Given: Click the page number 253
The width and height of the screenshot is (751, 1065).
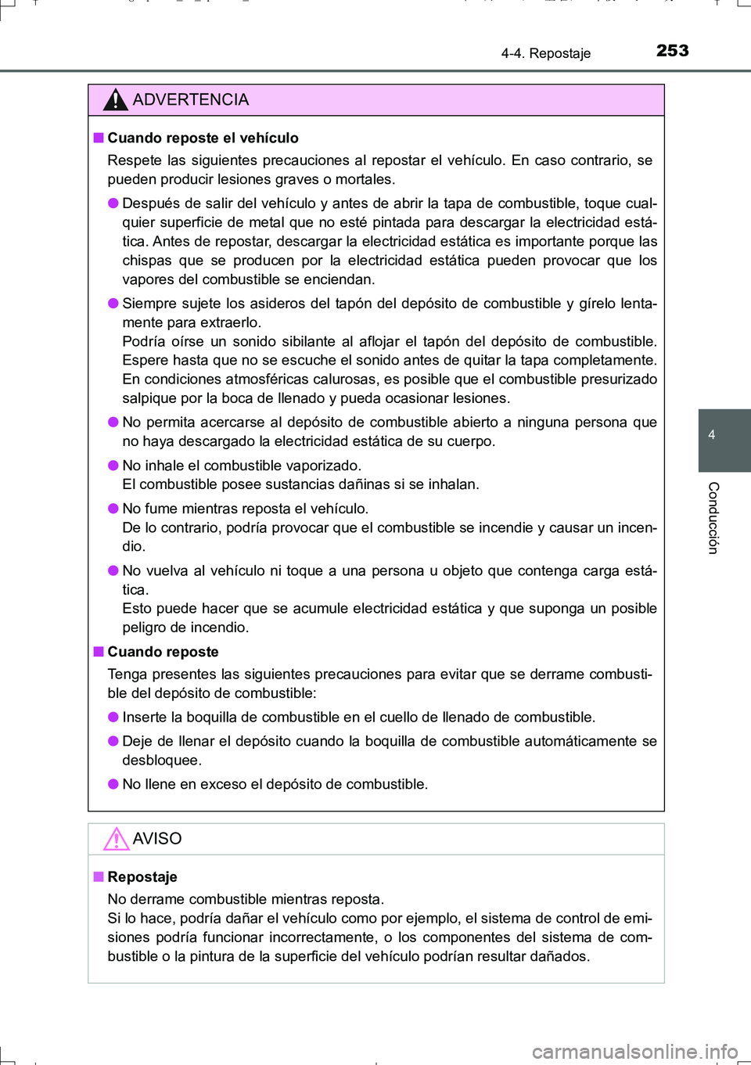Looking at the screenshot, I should (672, 51).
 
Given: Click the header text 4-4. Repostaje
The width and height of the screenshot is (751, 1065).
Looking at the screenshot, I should (545, 53).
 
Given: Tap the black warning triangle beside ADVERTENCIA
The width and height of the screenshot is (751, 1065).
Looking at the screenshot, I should (115, 100).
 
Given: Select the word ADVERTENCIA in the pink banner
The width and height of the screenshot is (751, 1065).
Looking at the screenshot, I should (190, 99).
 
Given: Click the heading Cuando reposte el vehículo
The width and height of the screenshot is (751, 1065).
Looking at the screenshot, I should (203, 138).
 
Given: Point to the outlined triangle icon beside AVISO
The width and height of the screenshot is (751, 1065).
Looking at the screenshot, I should (116, 839).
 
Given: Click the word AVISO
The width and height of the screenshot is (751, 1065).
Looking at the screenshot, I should (156, 839).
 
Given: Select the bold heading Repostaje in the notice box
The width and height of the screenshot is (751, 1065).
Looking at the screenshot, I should (142, 877).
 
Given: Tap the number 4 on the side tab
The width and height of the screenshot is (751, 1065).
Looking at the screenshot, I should (711, 435).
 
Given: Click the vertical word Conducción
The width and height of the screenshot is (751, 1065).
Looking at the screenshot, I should (713, 518).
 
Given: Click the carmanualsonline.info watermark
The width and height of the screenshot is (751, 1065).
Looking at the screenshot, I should (634, 1051).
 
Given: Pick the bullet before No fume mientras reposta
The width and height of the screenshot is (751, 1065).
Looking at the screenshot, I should (113, 509).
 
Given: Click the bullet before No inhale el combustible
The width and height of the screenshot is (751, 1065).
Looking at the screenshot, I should (113, 466).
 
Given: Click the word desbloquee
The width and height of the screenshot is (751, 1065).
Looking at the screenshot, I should (161, 761).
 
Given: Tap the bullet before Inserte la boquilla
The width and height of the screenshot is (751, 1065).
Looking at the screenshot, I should (113, 717).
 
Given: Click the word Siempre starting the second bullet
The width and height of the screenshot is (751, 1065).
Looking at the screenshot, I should (149, 304).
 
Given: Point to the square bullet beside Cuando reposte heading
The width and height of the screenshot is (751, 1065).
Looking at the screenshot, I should (99, 652).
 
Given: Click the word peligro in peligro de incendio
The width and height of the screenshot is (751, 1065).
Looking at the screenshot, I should (144, 628).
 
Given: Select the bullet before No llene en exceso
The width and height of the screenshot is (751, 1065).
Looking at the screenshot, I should (113, 784).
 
